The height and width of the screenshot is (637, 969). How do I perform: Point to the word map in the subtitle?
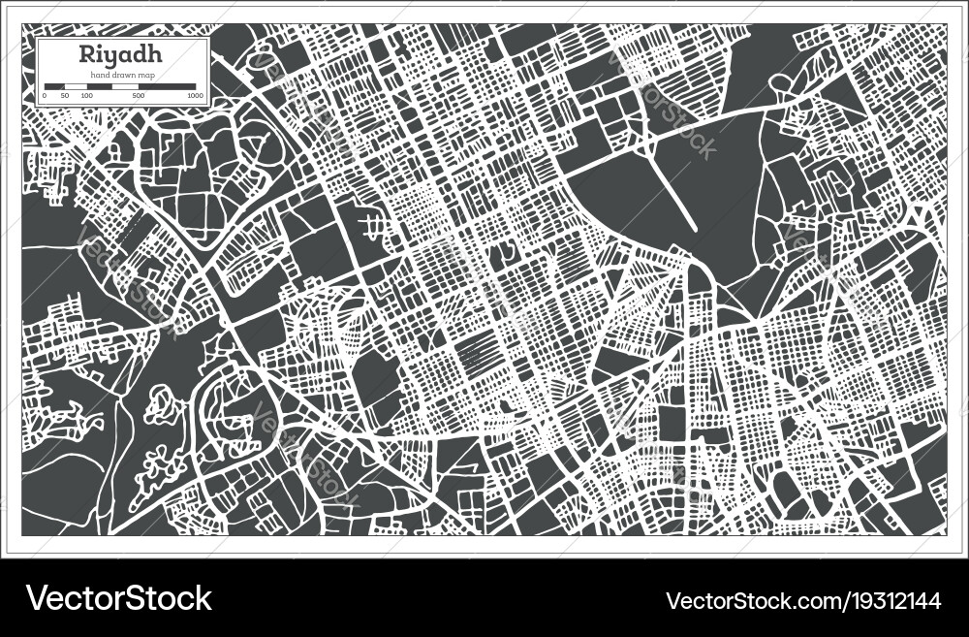[145, 75]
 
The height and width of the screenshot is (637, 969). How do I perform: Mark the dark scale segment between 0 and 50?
[54, 87]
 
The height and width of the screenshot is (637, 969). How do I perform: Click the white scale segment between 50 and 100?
[75, 87]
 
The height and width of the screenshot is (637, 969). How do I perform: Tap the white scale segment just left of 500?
[124, 87]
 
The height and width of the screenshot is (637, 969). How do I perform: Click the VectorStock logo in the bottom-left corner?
[118, 598]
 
